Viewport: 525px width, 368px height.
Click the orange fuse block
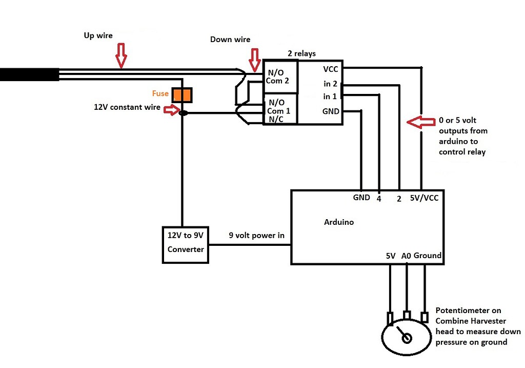click(x=182, y=95)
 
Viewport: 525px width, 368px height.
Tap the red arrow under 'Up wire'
click(x=120, y=55)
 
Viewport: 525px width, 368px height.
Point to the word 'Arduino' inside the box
click(x=339, y=222)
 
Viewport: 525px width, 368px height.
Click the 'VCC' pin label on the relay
click(x=331, y=69)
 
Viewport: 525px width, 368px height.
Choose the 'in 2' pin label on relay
click(x=330, y=83)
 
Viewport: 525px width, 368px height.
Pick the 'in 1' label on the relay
click(x=330, y=96)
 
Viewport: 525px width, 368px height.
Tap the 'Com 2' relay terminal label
click(x=278, y=81)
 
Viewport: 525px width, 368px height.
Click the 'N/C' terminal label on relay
click(x=275, y=119)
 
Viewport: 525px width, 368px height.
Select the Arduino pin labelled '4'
click(x=378, y=198)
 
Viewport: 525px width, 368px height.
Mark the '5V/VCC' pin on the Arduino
click(x=424, y=197)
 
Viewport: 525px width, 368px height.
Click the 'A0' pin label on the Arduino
click(x=406, y=255)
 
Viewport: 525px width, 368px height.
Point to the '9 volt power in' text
click(x=256, y=236)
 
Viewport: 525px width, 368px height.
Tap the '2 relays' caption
click(x=301, y=53)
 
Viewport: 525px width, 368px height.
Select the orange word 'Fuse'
click(x=160, y=94)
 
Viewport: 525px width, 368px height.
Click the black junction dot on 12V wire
click(x=183, y=113)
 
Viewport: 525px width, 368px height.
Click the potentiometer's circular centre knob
click(x=407, y=338)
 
